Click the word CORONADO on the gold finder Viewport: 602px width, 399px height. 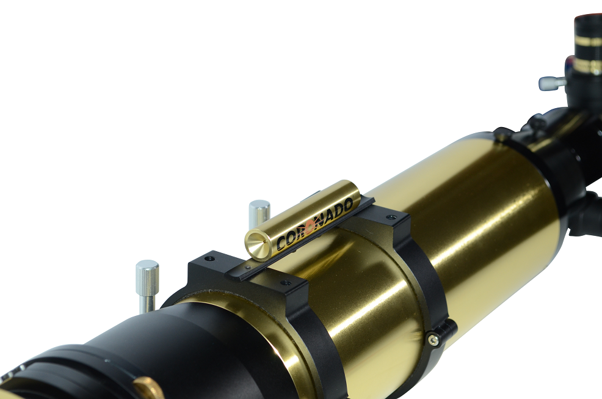coord(314,224)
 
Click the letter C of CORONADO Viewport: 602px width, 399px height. coord(281,243)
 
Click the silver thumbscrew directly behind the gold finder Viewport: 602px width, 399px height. coord(259,213)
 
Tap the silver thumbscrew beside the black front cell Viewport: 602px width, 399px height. coord(147,285)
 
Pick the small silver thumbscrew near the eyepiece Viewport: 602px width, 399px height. coord(552,83)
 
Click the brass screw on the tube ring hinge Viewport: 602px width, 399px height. coord(433,339)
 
